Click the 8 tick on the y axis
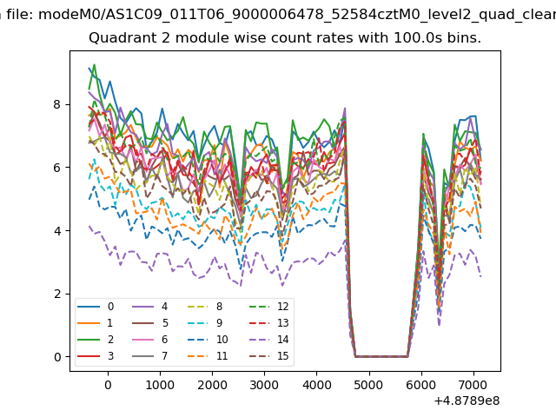coord(58,104)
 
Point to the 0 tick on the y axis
coord(58,357)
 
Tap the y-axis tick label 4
coord(58,231)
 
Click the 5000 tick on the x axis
coord(368,385)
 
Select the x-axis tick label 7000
coord(473,385)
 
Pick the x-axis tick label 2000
coord(212,385)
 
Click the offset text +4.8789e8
coord(465,400)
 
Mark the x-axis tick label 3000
coord(264,385)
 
